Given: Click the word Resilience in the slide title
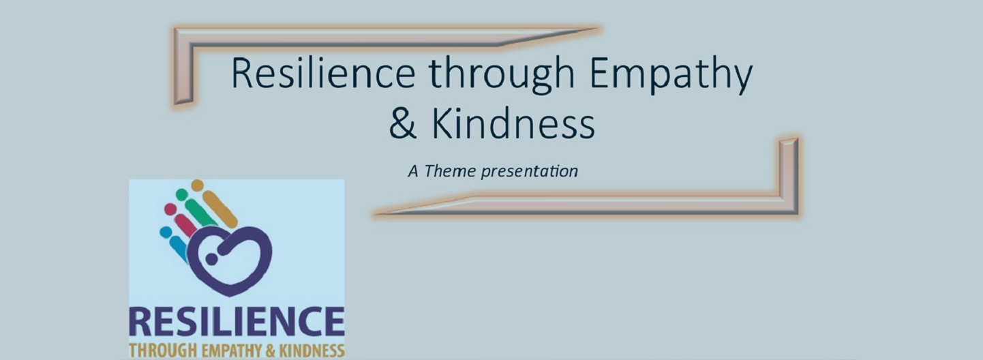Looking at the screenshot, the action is click(323, 74).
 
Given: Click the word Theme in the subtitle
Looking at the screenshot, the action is click(450, 170).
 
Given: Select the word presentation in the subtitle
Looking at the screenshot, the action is click(529, 172).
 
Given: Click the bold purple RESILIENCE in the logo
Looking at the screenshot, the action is click(237, 322).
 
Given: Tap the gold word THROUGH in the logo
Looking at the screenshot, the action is click(163, 350).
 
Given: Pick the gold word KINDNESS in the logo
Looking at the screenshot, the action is click(312, 350).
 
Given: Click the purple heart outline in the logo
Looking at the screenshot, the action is click(229, 260).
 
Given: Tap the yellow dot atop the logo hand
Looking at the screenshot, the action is click(198, 185).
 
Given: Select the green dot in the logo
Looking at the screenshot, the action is click(182, 194).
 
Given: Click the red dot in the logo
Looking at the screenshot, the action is click(170, 209).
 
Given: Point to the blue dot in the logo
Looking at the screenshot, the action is click(166, 232).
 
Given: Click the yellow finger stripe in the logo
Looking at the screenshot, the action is click(220, 209).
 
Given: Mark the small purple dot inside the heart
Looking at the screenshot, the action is click(211, 259).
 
